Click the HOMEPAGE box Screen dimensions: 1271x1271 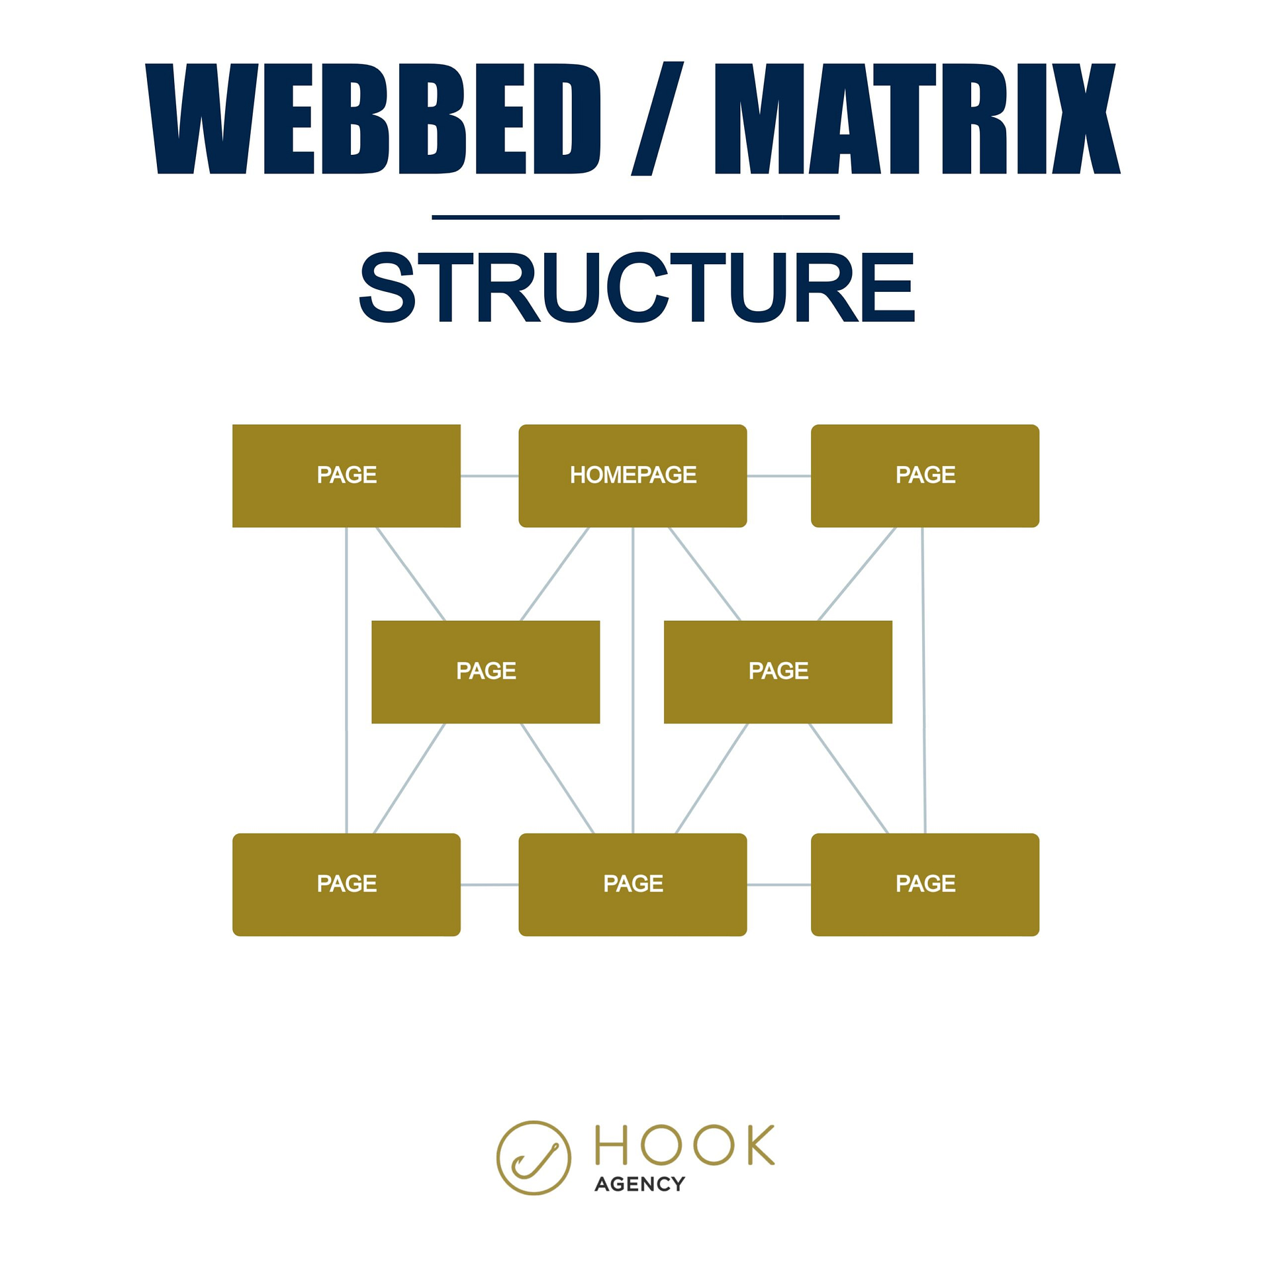(x=632, y=475)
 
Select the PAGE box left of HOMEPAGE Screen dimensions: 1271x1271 (x=346, y=475)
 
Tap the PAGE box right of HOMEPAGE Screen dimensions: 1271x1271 (x=925, y=475)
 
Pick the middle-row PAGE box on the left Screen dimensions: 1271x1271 (x=485, y=671)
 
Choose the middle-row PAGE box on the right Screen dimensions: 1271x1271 (x=778, y=671)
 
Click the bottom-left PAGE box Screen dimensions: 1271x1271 (x=346, y=884)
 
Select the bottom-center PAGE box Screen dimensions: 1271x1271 (x=632, y=884)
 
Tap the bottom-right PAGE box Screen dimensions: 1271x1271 (x=925, y=884)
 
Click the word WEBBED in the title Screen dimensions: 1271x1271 (x=373, y=119)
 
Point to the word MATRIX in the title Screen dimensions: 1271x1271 (x=917, y=119)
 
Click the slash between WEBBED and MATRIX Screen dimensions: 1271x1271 (x=657, y=119)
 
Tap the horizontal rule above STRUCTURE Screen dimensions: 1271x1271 (x=635, y=216)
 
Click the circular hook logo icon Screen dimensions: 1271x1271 (x=533, y=1157)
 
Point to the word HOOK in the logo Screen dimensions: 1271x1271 (x=684, y=1145)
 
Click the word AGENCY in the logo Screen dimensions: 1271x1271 (x=639, y=1184)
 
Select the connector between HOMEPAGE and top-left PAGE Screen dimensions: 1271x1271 (x=489, y=475)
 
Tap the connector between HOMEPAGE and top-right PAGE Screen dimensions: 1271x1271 (x=778, y=475)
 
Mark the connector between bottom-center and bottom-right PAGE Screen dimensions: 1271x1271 (x=778, y=884)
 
